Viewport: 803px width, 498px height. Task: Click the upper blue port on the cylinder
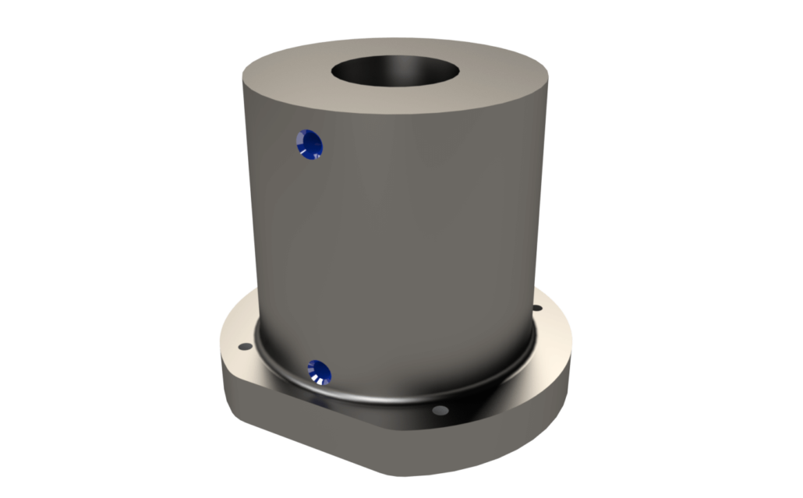(x=309, y=143)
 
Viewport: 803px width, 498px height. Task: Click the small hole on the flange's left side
(x=242, y=344)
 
